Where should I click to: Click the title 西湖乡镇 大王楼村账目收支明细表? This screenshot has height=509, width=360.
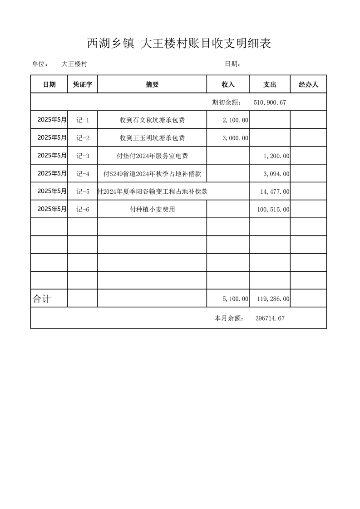point(179,44)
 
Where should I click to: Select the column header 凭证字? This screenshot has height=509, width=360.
point(83,84)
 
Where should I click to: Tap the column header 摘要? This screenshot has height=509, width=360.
point(152,84)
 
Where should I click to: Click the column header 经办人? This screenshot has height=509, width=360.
point(308,84)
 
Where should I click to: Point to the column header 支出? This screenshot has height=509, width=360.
point(270,84)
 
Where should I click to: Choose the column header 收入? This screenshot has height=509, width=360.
point(228,84)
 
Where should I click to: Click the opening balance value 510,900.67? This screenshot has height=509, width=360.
point(270,103)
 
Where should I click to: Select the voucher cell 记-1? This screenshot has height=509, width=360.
point(83,120)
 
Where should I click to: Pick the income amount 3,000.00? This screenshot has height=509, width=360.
point(235,138)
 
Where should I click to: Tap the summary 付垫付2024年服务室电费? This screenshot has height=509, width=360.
point(152,156)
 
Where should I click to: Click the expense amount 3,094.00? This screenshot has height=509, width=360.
point(276,174)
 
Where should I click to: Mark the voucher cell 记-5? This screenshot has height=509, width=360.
point(83,191)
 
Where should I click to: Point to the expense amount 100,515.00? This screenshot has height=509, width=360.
point(273,209)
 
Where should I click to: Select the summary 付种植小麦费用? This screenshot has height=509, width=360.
point(152,209)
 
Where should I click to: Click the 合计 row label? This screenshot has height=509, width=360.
point(42,299)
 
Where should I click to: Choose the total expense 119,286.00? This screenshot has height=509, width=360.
point(273,299)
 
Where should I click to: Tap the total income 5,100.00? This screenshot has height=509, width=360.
point(235,299)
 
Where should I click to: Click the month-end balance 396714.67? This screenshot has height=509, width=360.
point(270,318)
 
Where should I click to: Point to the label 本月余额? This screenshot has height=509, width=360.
point(229,318)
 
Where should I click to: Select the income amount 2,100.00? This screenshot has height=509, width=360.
point(235,120)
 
